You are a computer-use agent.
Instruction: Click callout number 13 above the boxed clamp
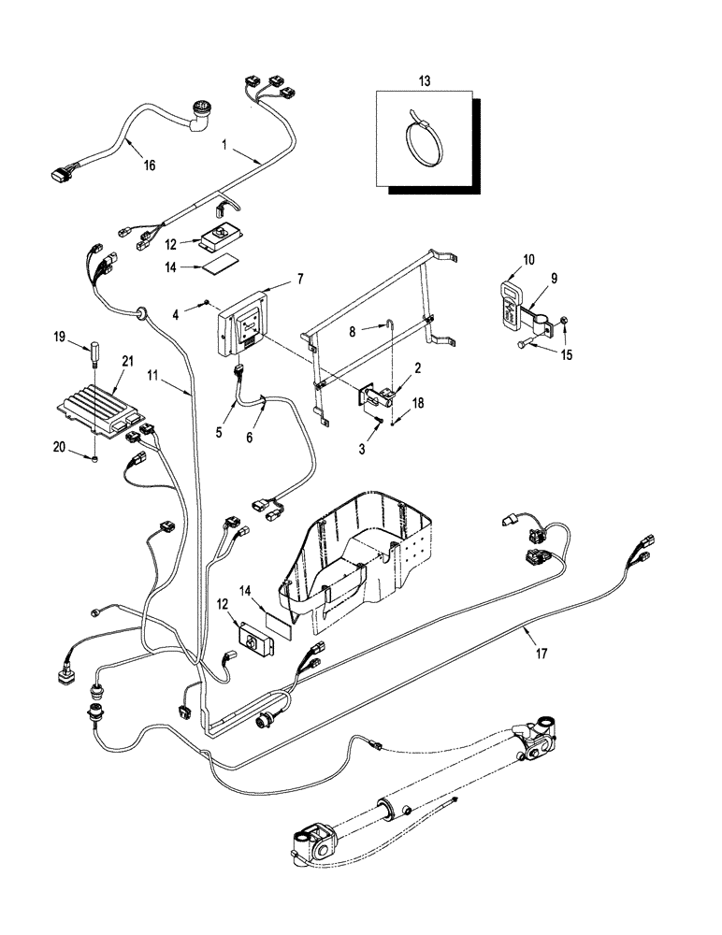coord(425,81)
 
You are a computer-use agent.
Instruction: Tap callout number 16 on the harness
coord(150,165)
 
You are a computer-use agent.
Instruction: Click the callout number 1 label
coord(224,146)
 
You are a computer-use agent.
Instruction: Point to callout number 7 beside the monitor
coord(300,279)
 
